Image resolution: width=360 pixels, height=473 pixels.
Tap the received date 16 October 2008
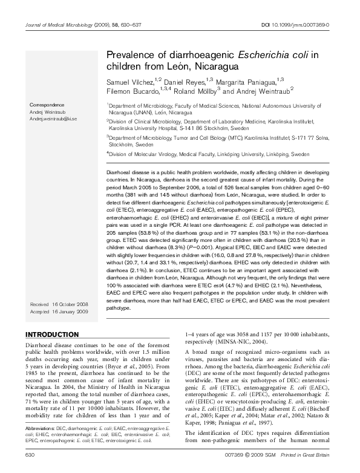[x=68, y=304]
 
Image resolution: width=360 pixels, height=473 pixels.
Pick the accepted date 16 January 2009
[x=68, y=311]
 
